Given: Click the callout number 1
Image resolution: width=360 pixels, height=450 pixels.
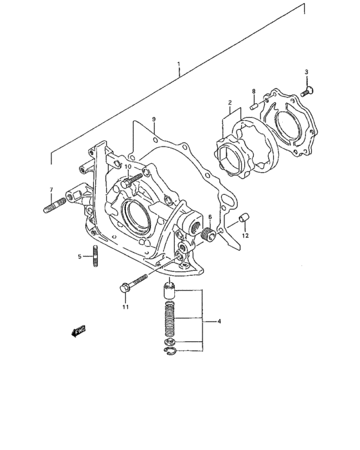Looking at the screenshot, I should (x=179, y=66).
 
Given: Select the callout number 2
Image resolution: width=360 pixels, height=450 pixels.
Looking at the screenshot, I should (x=229, y=102).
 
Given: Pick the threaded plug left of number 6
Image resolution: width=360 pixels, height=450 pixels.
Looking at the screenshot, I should (x=208, y=236).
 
